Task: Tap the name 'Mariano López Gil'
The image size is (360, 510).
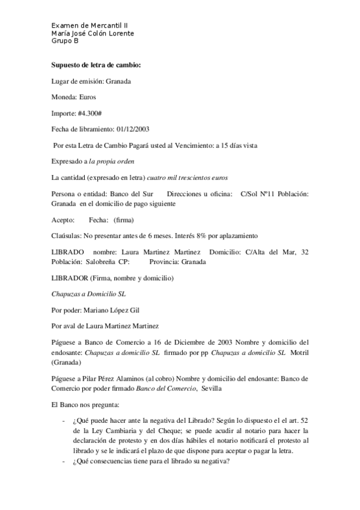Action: (x=115, y=311)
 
